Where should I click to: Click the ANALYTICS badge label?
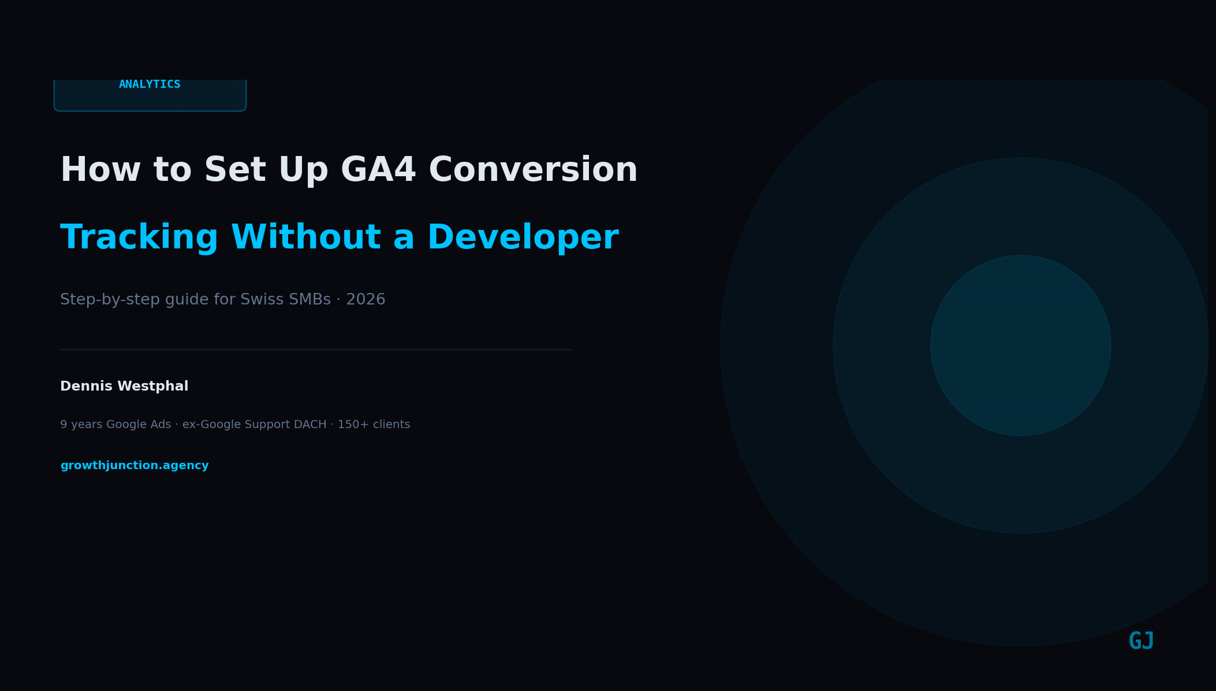pos(150,85)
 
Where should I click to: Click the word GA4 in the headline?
pos(378,171)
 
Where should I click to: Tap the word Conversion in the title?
pos(532,171)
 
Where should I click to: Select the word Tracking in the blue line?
pos(139,239)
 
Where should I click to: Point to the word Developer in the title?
pos(523,239)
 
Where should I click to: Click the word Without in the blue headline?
pos(305,239)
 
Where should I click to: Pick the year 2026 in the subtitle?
pos(365,300)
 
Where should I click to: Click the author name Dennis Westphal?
pos(124,387)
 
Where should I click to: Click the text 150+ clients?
pos(374,425)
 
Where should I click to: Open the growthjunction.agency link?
pos(135,466)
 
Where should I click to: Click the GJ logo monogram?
pos(1141,641)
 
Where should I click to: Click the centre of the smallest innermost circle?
pos(1020,345)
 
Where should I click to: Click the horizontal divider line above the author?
pos(315,350)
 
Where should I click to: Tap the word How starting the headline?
pos(100,171)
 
